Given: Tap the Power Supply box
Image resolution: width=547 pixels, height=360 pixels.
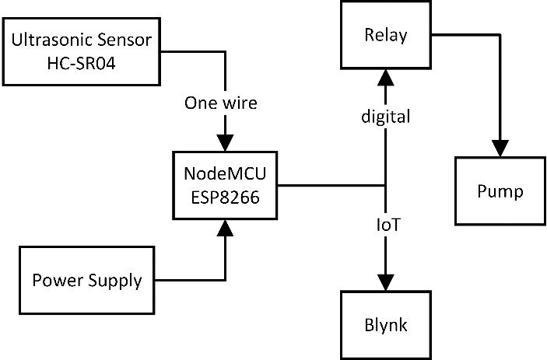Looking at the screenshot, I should [x=87, y=279].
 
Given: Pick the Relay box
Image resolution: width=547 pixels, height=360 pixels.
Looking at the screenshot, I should [x=386, y=35].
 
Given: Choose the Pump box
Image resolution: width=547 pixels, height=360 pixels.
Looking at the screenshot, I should [x=500, y=190].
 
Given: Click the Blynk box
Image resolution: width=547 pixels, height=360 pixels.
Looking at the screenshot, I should [x=386, y=324].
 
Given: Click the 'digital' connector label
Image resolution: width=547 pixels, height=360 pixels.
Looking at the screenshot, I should [x=385, y=117].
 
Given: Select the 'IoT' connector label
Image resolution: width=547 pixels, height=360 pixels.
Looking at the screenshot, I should [x=387, y=225].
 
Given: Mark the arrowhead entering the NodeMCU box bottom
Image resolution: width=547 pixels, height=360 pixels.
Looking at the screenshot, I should [x=225, y=228].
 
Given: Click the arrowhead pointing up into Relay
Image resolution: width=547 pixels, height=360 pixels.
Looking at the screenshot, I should [x=386, y=76].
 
